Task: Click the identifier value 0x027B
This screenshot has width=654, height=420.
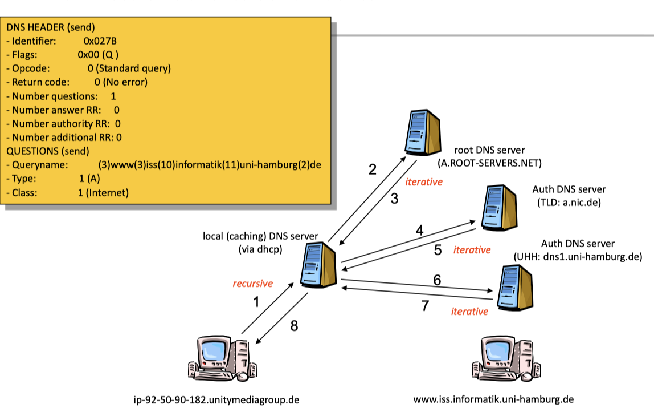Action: pyautogui.click(x=100, y=41)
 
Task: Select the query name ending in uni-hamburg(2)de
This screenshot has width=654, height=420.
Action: pyautogui.click(x=210, y=165)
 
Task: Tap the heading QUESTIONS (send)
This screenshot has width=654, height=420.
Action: pyautogui.click(x=47, y=151)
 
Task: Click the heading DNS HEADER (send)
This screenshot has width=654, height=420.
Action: pyautogui.click(x=51, y=27)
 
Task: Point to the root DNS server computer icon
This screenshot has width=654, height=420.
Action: pyautogui.click(x=423, y=132)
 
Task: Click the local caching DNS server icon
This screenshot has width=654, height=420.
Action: pyautogui.click(x=318, y=265)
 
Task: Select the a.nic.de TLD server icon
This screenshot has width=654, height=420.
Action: pyautogui.click(x=499, y=208)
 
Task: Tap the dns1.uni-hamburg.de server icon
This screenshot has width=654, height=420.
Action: pyautogui.click(x=514, y=288)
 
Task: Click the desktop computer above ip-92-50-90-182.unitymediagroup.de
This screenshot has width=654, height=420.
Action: pyautogui.click(x=222, y=358)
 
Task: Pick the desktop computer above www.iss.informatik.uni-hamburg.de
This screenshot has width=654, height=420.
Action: pyautogui.click(x=506, y=358)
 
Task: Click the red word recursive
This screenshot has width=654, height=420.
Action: pyautogui.click(x=253, y=284)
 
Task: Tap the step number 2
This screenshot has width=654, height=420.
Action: pyautogui.click(x=373, y=169)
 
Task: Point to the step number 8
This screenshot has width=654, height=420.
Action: pyautogui.click(x=294, y=325)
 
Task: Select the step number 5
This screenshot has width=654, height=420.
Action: pyautogui.click(x=438, y=250)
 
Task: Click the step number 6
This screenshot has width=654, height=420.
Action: pyautogui.click(x=437, y=280)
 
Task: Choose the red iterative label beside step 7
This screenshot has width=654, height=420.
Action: pyautogui.click(x=469, y=312)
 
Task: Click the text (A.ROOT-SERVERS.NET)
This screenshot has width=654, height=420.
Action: pyautogui.click(x=490, y=163)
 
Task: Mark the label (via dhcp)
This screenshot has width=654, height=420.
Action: pyautogui.click(x=261, y=249)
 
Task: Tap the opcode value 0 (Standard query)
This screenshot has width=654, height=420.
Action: pyautogui.click(x=129, y=68)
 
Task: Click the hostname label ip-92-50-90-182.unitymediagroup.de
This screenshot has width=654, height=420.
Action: pyautogui.click(x=216, y=400)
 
